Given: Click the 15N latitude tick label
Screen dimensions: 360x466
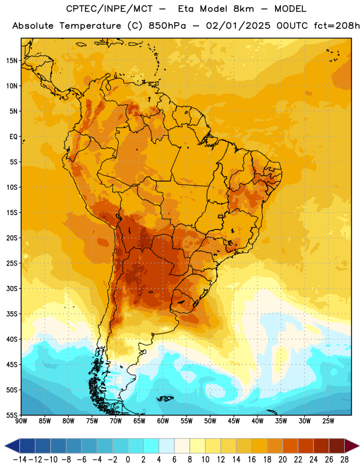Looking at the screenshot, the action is (12, 61).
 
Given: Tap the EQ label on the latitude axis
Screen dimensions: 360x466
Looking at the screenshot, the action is (13, 137).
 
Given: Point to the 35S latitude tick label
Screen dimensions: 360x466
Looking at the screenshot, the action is (12, 314).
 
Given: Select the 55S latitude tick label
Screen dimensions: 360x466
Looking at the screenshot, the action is (12, 415).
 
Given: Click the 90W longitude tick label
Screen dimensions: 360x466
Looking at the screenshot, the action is (22, 421).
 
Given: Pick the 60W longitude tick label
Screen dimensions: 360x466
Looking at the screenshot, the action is (163, 421).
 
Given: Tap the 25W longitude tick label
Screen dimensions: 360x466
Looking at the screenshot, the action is (328, 421).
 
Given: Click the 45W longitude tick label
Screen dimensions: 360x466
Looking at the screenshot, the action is (234, 421).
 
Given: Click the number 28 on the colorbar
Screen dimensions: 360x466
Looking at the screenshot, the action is (344, 460).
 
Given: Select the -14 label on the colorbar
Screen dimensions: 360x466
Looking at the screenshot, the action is (20, 460).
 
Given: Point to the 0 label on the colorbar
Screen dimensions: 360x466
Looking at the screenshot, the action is (128, 460).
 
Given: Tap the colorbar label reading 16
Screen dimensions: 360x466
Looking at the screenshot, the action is (252, 460).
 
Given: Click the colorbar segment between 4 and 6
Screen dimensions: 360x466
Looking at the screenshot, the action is (167, 446).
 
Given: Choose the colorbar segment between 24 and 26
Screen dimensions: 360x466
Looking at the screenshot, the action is (322, 446).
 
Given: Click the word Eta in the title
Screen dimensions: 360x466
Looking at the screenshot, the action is (186, 9).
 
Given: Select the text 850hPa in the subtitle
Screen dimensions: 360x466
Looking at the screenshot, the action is (167, 26).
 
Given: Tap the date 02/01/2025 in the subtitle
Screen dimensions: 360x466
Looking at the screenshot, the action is (238, 26).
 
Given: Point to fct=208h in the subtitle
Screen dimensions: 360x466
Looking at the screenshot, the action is (337, 26).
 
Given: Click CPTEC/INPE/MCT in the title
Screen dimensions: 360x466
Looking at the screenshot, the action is (110, 9).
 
